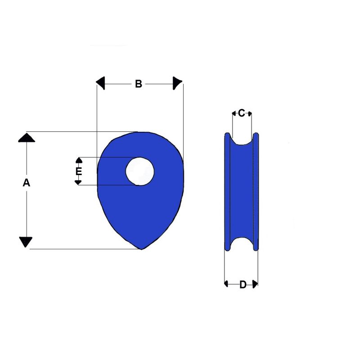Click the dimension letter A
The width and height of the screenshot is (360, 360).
pos(27,183)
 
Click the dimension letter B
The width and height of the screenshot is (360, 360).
pos(139,84)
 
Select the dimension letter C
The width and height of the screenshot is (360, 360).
pos(241,113)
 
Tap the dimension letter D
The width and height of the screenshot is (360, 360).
pos(243,284)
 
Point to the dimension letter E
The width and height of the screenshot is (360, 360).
pos(79,171)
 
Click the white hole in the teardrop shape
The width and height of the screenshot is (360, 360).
pos(140,171)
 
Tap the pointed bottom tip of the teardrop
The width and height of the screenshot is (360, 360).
pos(141,249)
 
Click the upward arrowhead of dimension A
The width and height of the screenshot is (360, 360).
pos(27,138)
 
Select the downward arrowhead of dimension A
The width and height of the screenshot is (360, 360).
pos(26,242)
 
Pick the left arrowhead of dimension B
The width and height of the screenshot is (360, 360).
pos(100,83)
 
